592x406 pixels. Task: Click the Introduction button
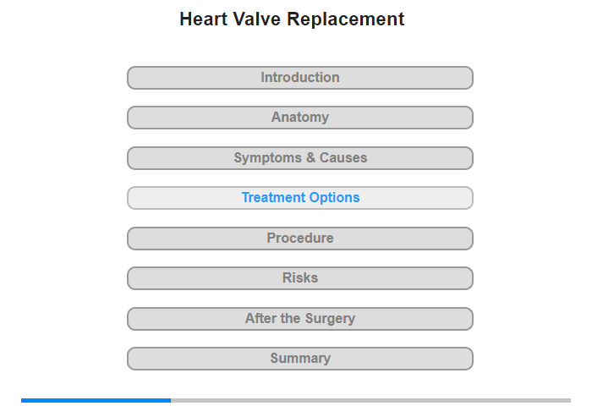pyautogui.click(x=300, y=78)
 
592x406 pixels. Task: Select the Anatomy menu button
pyautogui.click(x=300, y=118)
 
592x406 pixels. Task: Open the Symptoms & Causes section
pyautogui.click(x=300, y=158)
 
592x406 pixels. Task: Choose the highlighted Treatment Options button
pyautogui.click(x=300, y=198)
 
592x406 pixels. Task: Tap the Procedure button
pyautogui.click(x=300, y=239)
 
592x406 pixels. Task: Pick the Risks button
pyautogui.click(x=300, y=278)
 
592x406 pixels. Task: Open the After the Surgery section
pyautogui.click(x=300, y=319)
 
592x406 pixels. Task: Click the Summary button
pyautogui.click(x=300, y=359)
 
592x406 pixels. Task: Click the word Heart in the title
pyautogui.click(x=203, y=19)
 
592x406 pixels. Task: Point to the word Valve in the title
pyautogui.click(x=256, y=19)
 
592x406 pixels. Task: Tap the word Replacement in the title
pyautogui.click(x=346, y=19)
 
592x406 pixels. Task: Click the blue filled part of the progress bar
pyautogui.click(x=96, y=400)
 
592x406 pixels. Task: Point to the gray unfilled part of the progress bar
pyautogui.click(x=370, y=400)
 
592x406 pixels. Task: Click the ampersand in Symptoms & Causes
pyautogui.click(x=310, y=157)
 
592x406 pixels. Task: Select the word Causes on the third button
pyautogui.click(x=343, y=157)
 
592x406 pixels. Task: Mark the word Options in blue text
pyautogui.click(x=335, y=198)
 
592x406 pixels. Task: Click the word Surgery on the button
pyautogui.click(x=330, y=318)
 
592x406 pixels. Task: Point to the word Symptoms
pyautogui.click(x=268, y=158)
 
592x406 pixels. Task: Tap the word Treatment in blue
pyautogui.click(x=274, y=198)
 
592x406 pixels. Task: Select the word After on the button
pyautogui.click(x=260, y=318)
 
